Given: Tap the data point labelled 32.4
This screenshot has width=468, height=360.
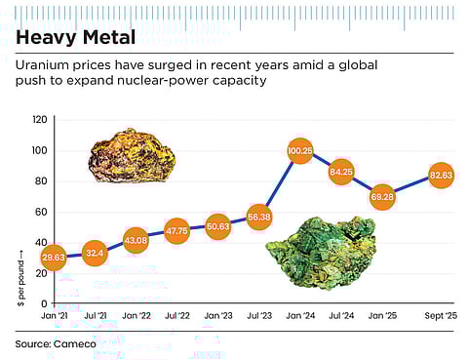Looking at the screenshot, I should (x=95, y=254).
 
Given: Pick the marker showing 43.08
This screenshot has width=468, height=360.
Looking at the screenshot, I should (x=136, y=239).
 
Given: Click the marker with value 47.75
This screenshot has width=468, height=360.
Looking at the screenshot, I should (x=176, y=231).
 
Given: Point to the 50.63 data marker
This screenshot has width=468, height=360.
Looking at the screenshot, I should (x=217, y=226).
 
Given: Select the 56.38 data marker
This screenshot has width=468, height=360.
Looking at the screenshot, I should (x=258, y=217).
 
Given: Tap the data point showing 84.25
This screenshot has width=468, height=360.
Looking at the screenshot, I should (x=341, y=174).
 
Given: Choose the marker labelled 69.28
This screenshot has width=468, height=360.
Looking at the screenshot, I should (x=382, y=197).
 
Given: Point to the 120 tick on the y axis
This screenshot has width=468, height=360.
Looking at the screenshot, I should (x=39, y=119).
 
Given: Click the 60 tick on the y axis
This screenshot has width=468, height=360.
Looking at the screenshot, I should (x=41, y=212).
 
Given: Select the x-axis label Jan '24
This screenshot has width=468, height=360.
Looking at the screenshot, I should (x=299, y=317).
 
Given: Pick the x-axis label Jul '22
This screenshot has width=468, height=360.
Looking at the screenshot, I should (x=176, y=317).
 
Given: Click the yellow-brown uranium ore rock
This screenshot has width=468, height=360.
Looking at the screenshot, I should (x=129, y=154).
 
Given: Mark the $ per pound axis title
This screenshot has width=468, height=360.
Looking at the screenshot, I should (x=20, y=279).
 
